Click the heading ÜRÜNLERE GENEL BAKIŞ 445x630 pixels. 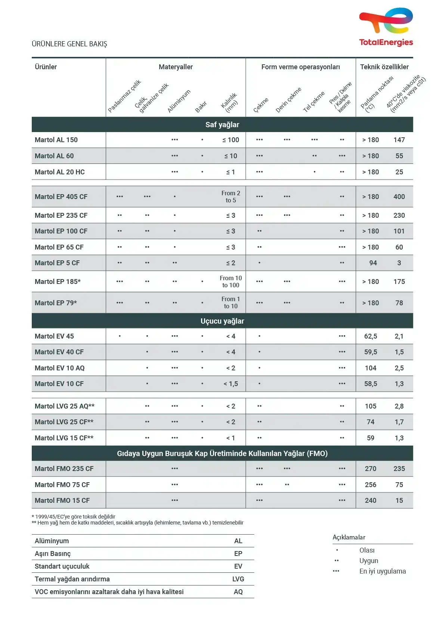click(x=69, y=44)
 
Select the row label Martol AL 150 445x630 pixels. click(x=56, y=140)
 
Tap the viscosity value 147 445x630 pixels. click(x=399, y=140)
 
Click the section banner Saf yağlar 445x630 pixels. click(x=222, y=125)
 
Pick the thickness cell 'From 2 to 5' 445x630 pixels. click(x=231, y=197)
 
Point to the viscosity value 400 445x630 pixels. click(x=399, y=197)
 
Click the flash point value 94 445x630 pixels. click(x=373, y=263)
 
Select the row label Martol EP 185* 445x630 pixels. click(x=58, y=282)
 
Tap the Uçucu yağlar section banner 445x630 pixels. click(x=222, y=321)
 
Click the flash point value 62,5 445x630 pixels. click(x=371, y=336)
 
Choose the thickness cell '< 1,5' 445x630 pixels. click(x=231, y=384)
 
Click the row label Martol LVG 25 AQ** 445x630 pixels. click(x=65, y=406)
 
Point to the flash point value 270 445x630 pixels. click(x=371, y=469)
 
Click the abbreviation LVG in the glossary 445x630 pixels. click(x=238, y=579)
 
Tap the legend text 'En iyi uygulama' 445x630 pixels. click(x=383, y=571)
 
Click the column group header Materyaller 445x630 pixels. click(x=176, y=67)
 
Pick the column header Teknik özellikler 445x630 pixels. click(x=384, y=67)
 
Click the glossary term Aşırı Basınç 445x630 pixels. click(x=53, y=554)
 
